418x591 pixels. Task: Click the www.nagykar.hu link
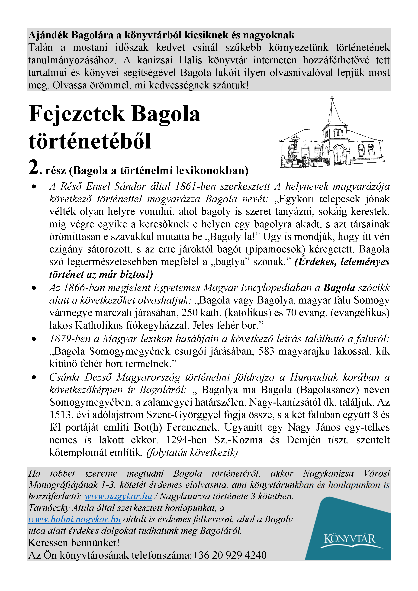(x=118, y=496)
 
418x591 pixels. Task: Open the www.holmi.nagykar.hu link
(x=74, y=519)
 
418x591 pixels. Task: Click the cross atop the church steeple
(x=332, y=99)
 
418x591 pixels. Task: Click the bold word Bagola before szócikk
(x=339, y=287)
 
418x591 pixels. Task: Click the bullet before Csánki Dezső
(x=34, y=377)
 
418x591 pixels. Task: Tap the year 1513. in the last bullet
(x=61, y=415)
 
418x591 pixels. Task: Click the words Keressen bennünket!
(x=74, y=543)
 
